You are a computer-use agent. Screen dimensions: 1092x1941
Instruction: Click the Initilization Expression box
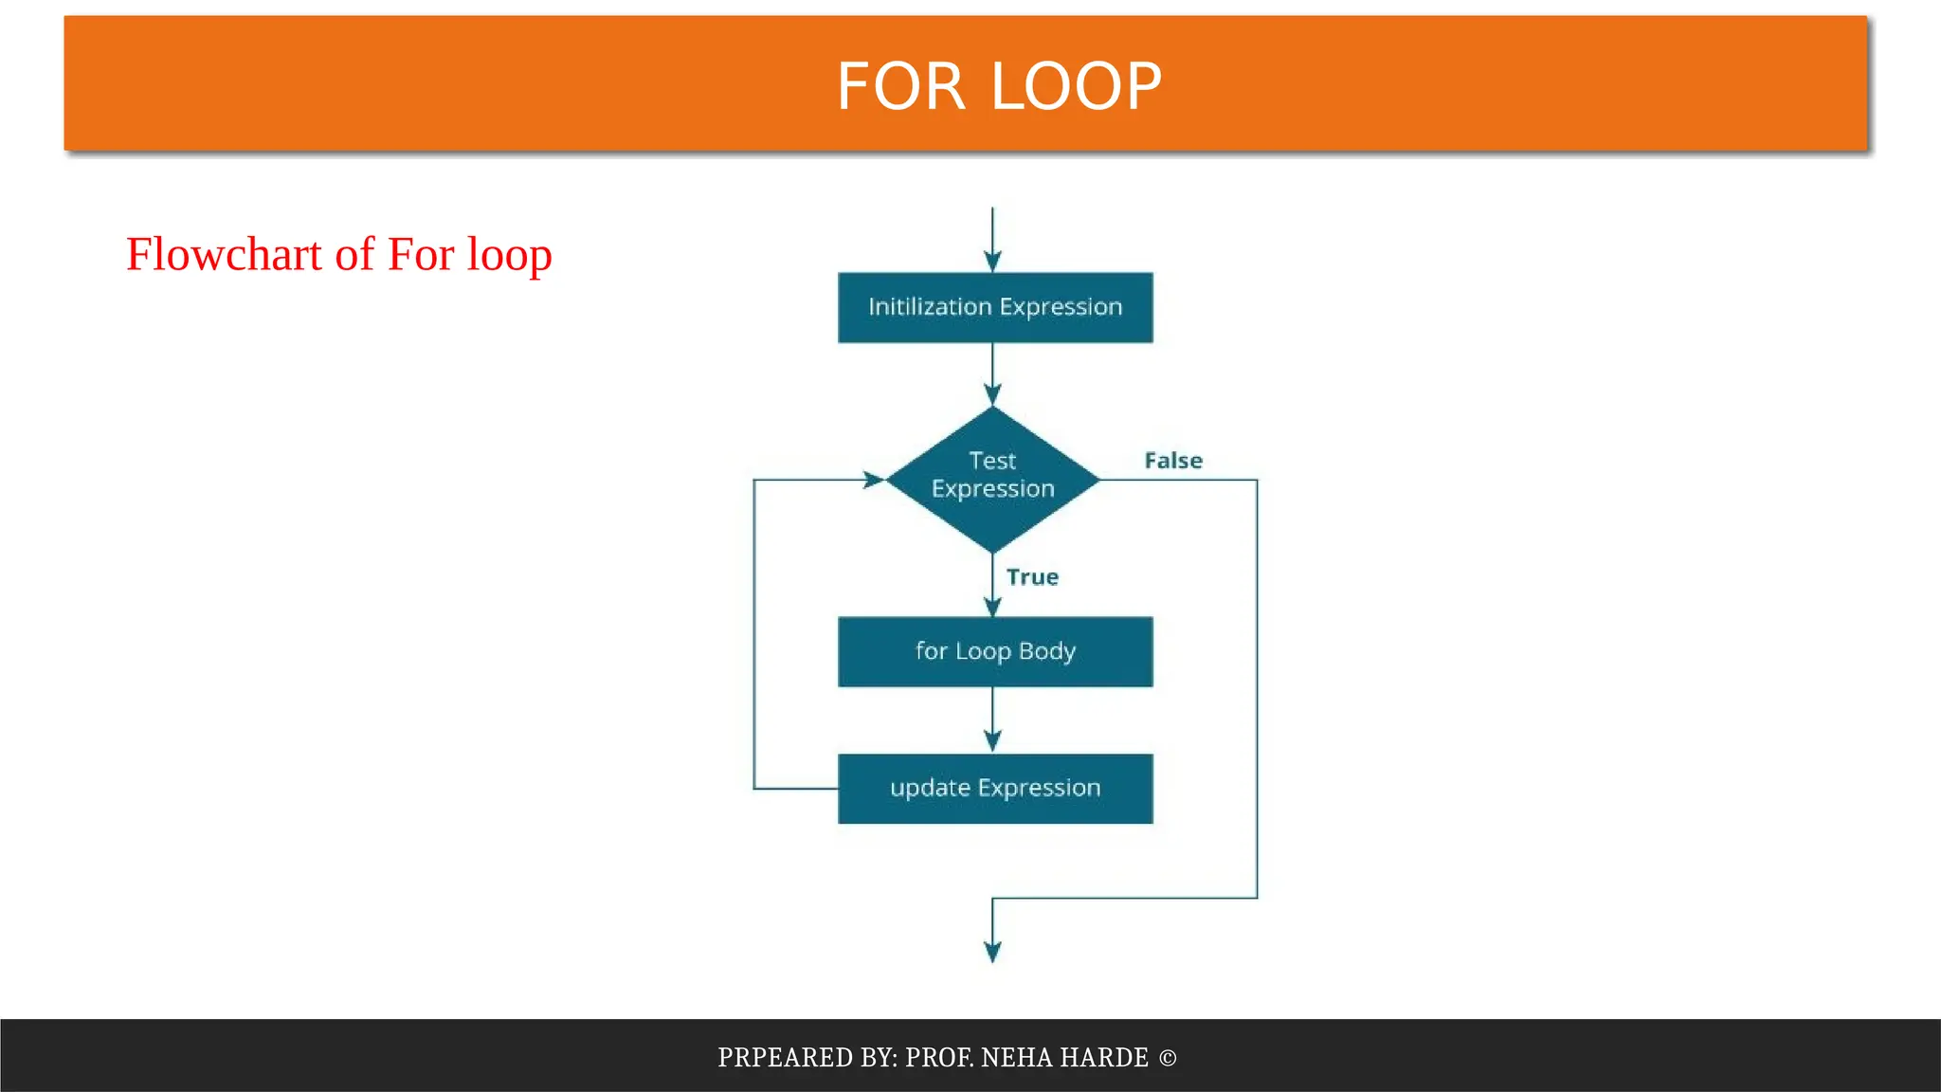[995, 307]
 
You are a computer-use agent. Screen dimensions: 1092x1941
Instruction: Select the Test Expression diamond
[992, 479]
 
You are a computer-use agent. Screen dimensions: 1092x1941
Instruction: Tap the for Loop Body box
[995, 651]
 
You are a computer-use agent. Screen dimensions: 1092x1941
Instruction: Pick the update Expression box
[995, 788]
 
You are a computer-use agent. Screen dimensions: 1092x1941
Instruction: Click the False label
[1173, 461]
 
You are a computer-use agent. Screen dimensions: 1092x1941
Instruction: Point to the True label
[1032, 577]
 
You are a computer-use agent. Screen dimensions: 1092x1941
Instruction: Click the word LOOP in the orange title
[1076, 86]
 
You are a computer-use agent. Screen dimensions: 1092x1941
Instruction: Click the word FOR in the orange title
[900, 86]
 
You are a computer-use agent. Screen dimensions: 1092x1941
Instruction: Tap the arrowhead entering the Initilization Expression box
[992, 262]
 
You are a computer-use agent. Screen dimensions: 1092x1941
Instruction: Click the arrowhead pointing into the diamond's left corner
[873, 480]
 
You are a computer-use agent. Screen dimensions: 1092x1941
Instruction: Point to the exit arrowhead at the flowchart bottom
[992, 952]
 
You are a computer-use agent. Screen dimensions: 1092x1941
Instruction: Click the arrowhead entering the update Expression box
[992, 741]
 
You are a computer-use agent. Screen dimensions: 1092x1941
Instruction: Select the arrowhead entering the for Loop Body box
[992, 607]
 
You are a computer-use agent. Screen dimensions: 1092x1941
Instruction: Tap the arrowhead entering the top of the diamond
[992, 394]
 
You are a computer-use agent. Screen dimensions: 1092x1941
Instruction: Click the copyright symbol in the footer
[1168, 1058]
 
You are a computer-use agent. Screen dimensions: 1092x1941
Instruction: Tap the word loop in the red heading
[509, 256]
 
